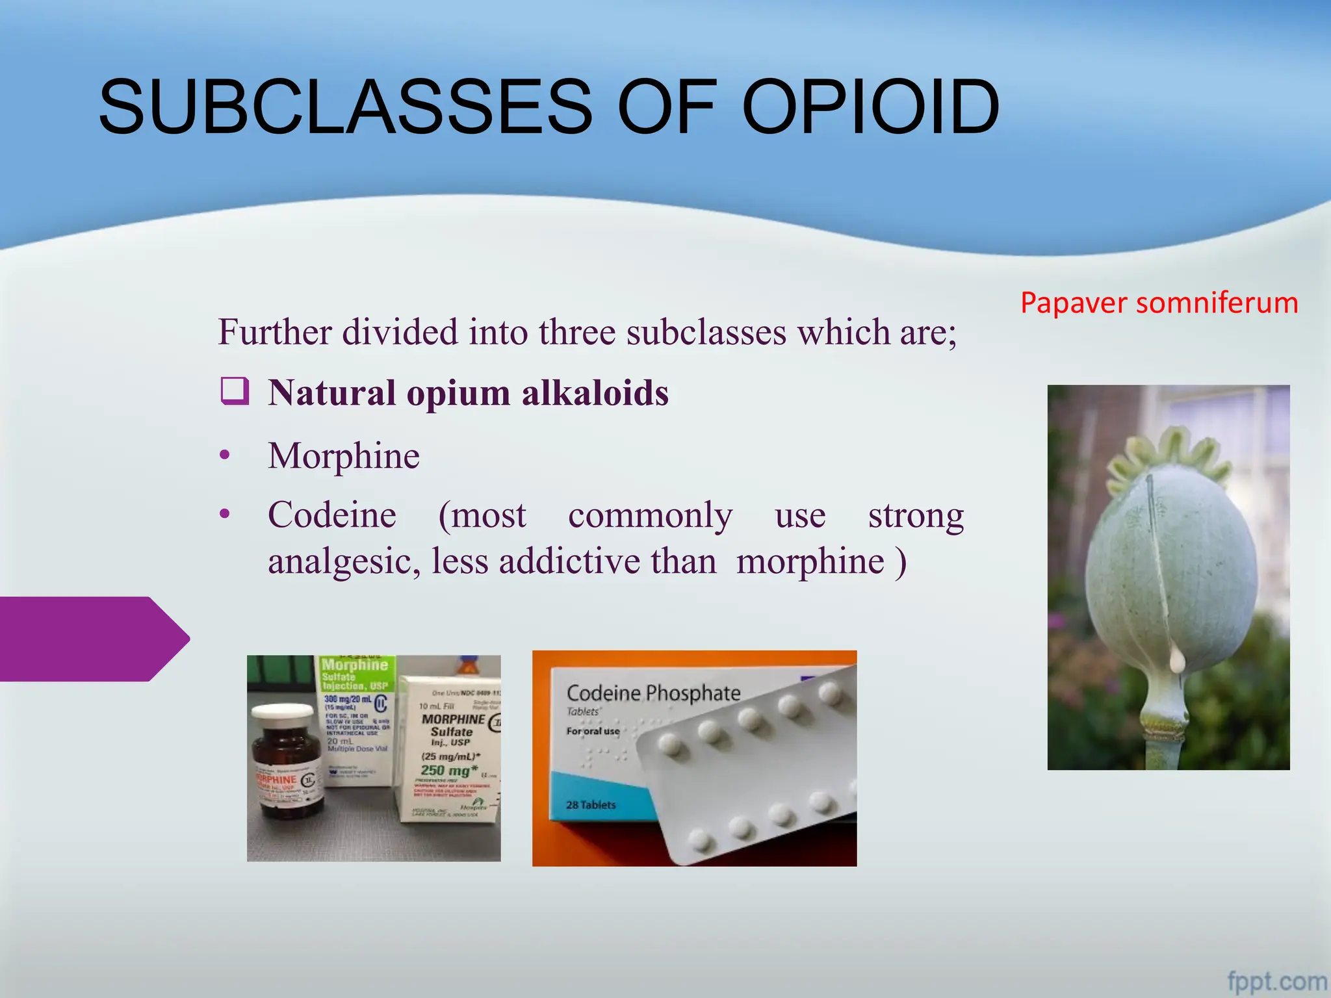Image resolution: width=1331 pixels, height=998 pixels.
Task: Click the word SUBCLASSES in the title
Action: click(345, 107)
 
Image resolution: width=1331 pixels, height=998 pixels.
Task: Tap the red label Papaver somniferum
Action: click(1159, 303)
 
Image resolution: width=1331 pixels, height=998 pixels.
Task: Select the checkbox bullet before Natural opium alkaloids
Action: click(235, 391)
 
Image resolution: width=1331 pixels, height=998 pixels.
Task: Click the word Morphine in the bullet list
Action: click(344, 455)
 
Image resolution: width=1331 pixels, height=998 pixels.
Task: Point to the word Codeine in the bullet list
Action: click(332, 515)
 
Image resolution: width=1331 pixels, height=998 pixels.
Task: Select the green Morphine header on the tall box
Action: click(355, 665)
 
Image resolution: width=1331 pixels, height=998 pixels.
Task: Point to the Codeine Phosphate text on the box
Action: click(653, 693)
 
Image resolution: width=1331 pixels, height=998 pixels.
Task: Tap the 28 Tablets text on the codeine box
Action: click(590, 805)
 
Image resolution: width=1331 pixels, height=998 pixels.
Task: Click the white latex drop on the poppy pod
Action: click(1178, 661)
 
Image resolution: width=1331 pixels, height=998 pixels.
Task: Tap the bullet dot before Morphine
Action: click(225, 455)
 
